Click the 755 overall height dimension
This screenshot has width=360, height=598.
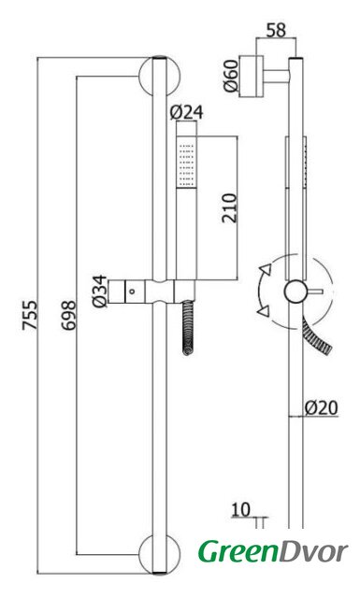[x=29, y=315]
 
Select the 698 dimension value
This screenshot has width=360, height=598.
[x=69, y=315]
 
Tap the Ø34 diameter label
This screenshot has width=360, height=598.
[x=100, y=292]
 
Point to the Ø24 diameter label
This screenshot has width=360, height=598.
[x=187, y=112]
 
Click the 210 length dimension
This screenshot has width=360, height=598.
[x=229, y=208]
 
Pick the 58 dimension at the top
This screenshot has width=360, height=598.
[x=276, y=30]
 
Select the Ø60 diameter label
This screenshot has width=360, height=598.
[x=231, y=76]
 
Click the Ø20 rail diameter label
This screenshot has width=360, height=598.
[x=321, y=408]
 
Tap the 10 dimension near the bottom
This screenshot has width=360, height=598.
[x=240, y=510]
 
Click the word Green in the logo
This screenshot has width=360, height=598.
[x=238, y=551]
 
